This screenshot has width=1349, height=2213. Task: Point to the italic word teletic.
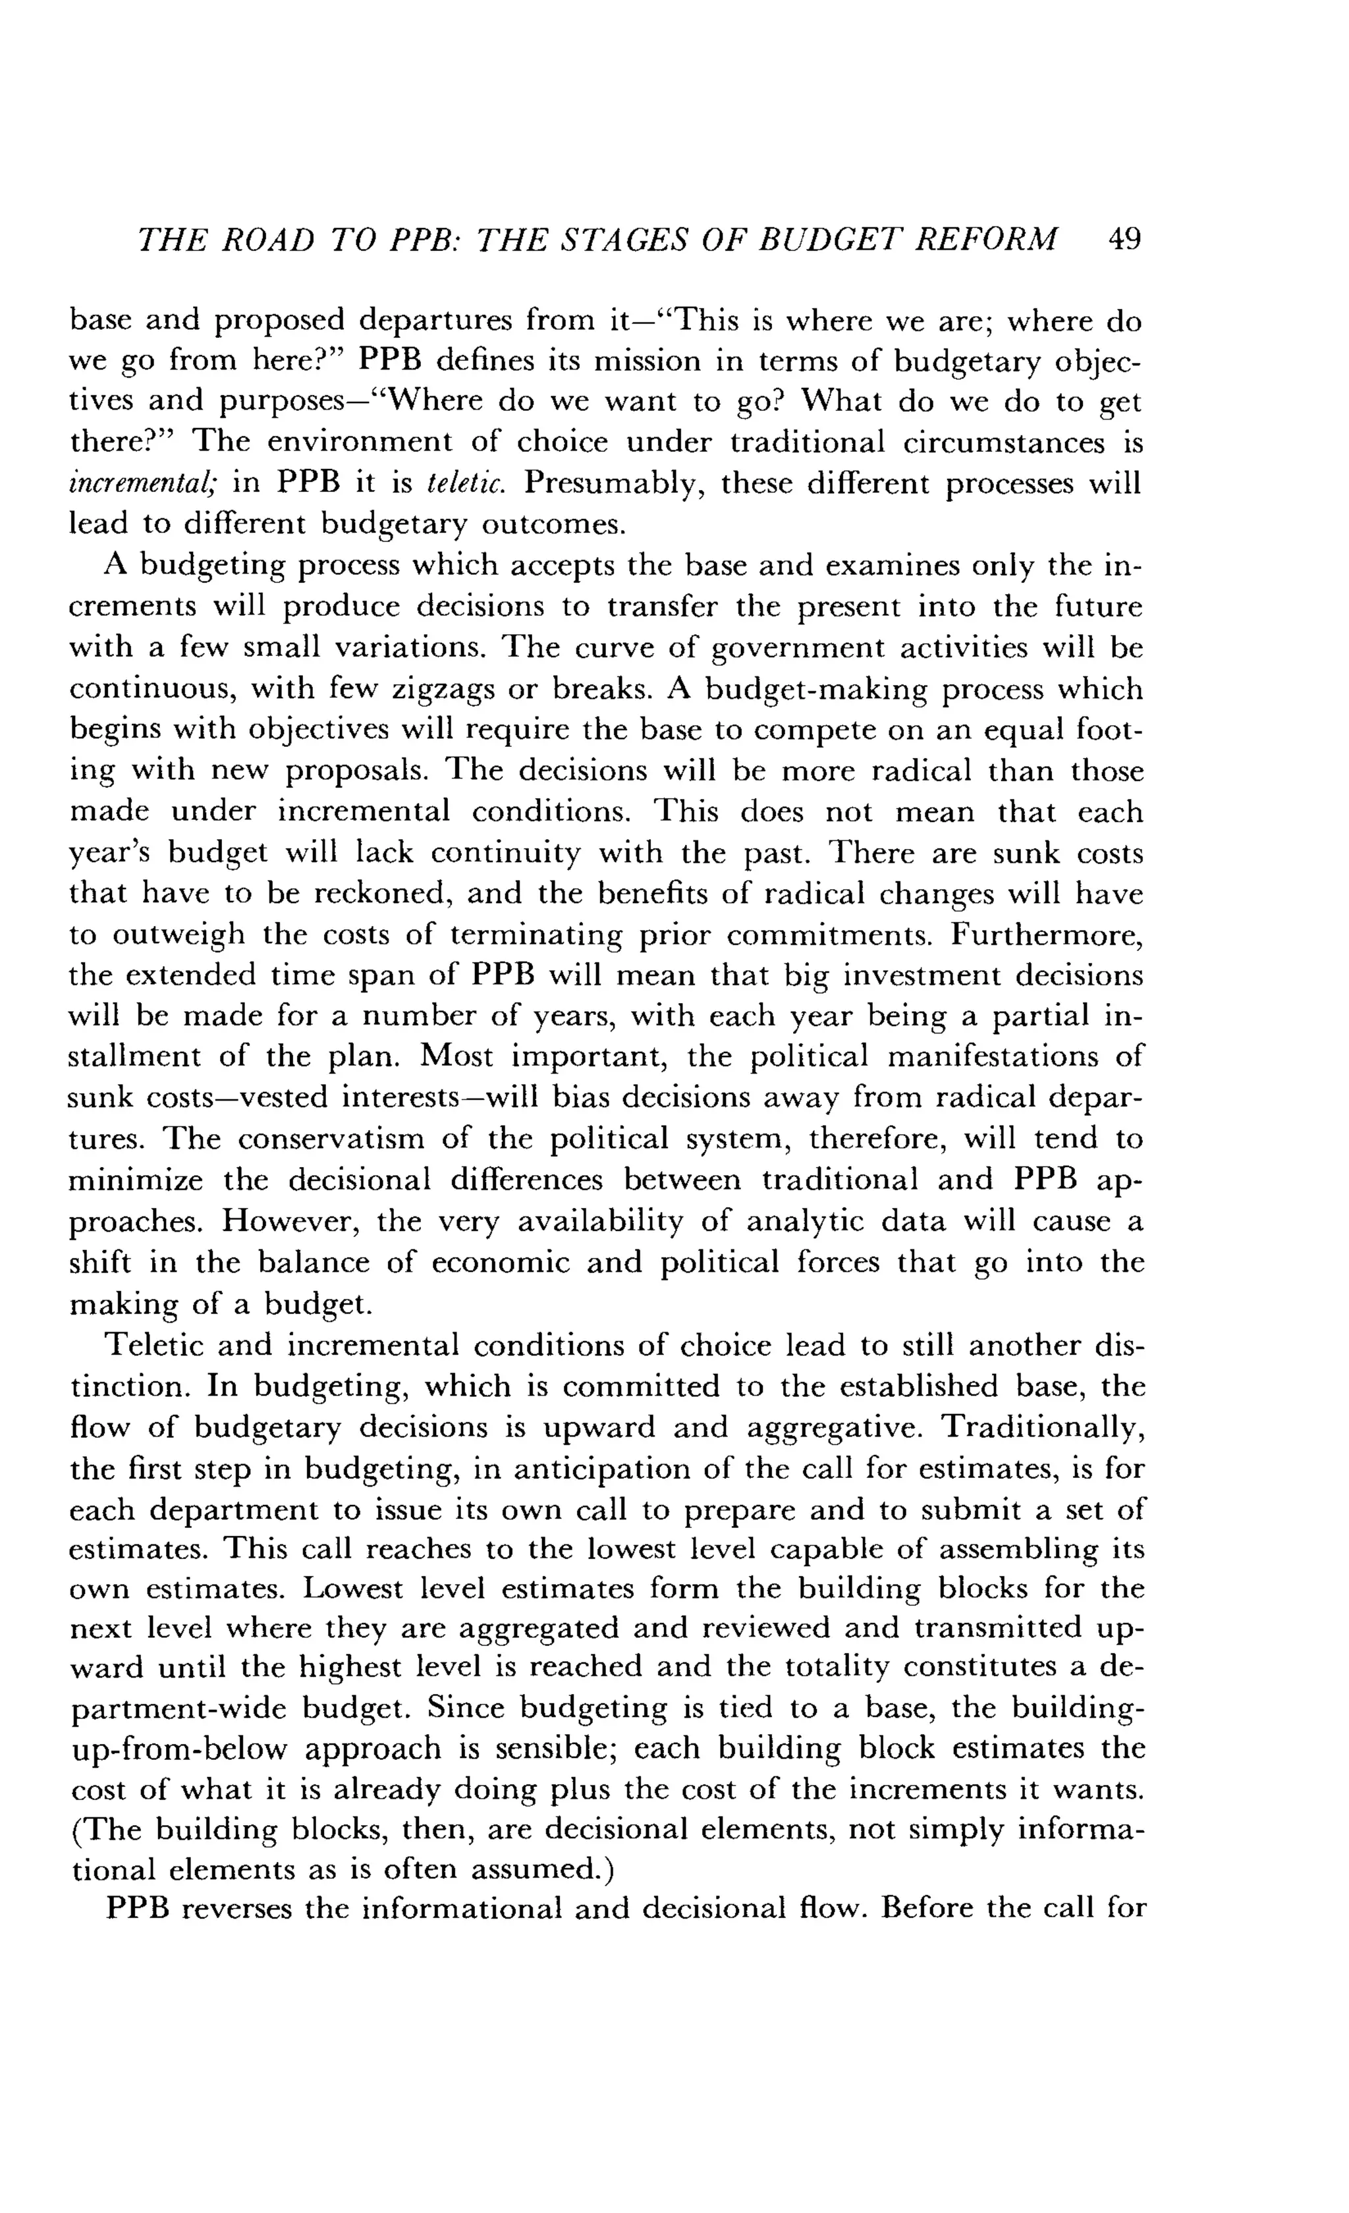[x=468, y=484]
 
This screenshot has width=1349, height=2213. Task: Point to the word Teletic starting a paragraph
[x=153, y=1346]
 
